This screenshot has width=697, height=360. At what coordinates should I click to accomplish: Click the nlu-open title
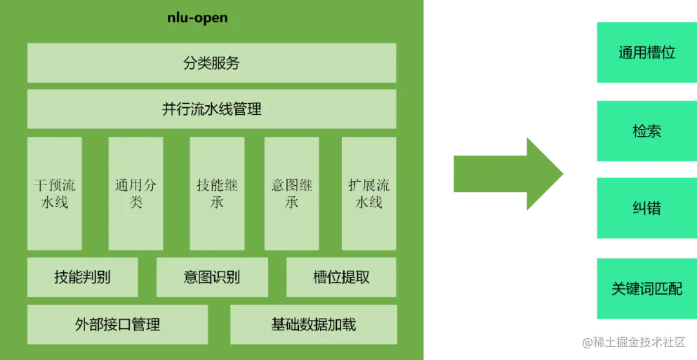pyautogui.click(x=197, y=18)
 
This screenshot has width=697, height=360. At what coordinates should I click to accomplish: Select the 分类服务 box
pyautogui.click(x=212, y=63)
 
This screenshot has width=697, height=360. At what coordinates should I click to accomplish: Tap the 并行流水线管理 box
pyautogui.click(x=212, y=109)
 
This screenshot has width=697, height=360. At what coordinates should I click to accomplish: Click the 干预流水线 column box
pyautogui.click(x=55, y=194)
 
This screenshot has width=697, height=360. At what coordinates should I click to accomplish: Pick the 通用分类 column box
pyautogui.click(x=136, y=194)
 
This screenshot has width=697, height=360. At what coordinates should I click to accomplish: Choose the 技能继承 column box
pyautogui.click(x=217, y=194)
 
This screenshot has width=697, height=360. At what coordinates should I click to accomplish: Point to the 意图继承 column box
pyautogui.click(x=292, y=194)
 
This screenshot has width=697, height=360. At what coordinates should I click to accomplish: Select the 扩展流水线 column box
pyautogui.click(x=369, y=194)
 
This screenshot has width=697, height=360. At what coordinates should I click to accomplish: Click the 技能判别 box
pyautogui.click(x=83, y=277)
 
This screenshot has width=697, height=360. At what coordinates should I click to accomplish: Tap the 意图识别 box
pyautogui.click(x=212, y=277)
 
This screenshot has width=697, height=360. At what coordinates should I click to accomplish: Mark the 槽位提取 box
pyautogui.click(x=341, y=277)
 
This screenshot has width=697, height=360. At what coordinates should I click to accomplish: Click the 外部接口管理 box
pyautogui.click(x=117, y=324)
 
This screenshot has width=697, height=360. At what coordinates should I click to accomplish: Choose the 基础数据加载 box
pyautogui.click(x=314, y=324)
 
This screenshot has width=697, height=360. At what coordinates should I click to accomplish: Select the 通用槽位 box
pyautogui.click(x=646, y=53)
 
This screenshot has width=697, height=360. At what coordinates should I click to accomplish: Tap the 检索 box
pyautogui.click(x=646, y=131)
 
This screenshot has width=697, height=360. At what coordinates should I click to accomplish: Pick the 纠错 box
pyautogui.click(x=646, y=209)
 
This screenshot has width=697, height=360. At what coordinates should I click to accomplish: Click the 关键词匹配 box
pyautogui.click(x=646, y=288)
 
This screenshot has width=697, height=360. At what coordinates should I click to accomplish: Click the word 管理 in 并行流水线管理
pyautogui.click(x=247, y=109)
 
